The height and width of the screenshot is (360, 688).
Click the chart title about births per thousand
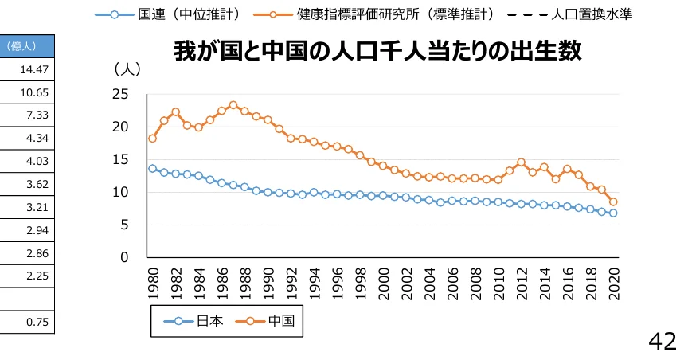[x=378, y=53]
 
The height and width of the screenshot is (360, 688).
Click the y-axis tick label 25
[x=119, y=94]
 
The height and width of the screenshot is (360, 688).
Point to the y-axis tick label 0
[x=123, y=258]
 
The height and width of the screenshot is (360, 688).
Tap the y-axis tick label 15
[x=119, y=159]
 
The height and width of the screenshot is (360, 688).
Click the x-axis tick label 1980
[x=152, y=284]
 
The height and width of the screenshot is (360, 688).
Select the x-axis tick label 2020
[x=614, y=284]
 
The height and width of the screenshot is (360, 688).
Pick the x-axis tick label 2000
[x=383, y=284]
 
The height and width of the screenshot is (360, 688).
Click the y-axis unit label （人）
[x=127, y=69]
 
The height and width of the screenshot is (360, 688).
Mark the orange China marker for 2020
[x=613, y=202]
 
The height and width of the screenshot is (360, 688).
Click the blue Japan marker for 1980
[x=152, y=168]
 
